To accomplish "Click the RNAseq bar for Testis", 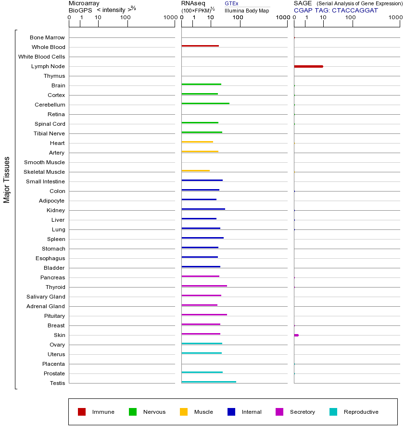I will [209, 382].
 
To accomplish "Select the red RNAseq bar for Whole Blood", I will [200, 46].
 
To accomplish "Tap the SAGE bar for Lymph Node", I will [308, 66].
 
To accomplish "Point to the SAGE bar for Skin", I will [296, 335].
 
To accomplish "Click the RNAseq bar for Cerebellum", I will [205, 103].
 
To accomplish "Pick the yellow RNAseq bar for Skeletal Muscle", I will [196, 170].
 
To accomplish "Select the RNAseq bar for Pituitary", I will [204, 314].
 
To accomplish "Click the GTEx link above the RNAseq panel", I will [231, 3].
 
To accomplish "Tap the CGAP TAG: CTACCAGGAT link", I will [336, 10].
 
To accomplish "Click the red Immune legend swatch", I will [82, 412].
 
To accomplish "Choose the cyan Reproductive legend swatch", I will [333, 412].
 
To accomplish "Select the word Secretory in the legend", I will [302, 412].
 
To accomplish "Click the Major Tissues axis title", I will [7, 180].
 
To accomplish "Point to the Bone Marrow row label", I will [47, 37].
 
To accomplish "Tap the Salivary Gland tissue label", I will [46, 297].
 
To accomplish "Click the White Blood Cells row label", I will [41, 57].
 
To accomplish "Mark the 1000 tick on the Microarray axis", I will [169, 18].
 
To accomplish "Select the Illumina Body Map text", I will [247, 11].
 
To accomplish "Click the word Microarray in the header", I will [84, 3].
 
